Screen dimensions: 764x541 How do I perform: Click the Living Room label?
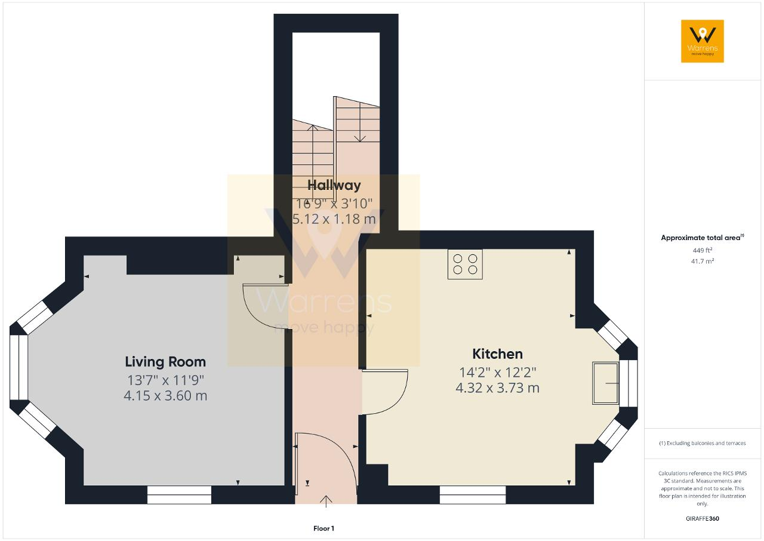(x=165, y=362)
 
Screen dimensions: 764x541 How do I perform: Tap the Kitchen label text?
(x=497, y=354)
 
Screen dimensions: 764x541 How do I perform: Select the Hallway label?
(x=334, y=185)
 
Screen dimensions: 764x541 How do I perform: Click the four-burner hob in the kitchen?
(x=465, y=264)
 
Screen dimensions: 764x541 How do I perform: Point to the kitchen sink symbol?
(x=605, y=383)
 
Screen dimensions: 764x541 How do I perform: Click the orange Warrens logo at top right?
(x=703, y=41)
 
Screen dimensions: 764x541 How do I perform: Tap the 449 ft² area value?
(x=703, y=250)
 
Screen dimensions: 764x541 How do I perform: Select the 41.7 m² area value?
(x=703, y=262)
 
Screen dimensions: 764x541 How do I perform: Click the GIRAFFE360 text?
(x=703, y=518)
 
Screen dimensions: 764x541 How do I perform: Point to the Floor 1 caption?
(x=324, y=528)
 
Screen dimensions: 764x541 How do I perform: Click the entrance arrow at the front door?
(x=326, y=502)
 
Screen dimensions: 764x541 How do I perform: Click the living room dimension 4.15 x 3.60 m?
(x=165, y=396)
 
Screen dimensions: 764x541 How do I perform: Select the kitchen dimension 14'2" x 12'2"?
(x=497, y=373)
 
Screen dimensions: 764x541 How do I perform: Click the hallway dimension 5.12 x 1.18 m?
(x=334, y=219)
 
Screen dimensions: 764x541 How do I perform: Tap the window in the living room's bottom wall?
(x=180, y=494)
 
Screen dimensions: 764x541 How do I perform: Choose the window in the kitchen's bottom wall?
(x=472, y=494)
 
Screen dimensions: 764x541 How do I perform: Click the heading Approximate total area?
(x=703, y=238)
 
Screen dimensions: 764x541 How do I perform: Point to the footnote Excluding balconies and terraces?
(x=703, y=443)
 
